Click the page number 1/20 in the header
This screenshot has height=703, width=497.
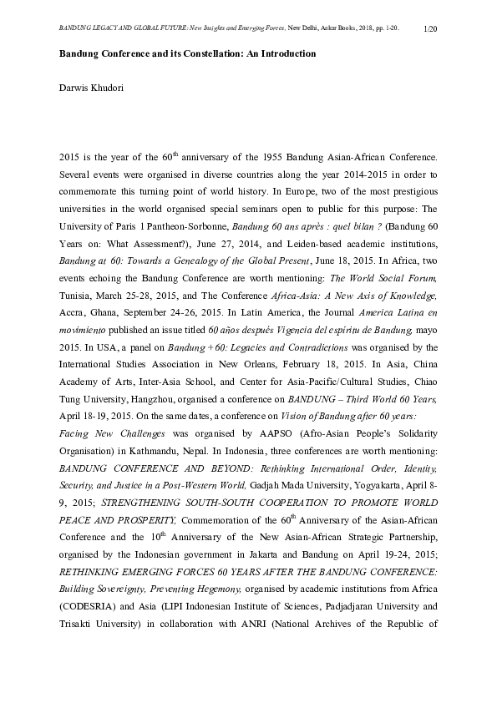pos(431,29)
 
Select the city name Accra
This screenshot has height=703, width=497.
pos(74,316)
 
